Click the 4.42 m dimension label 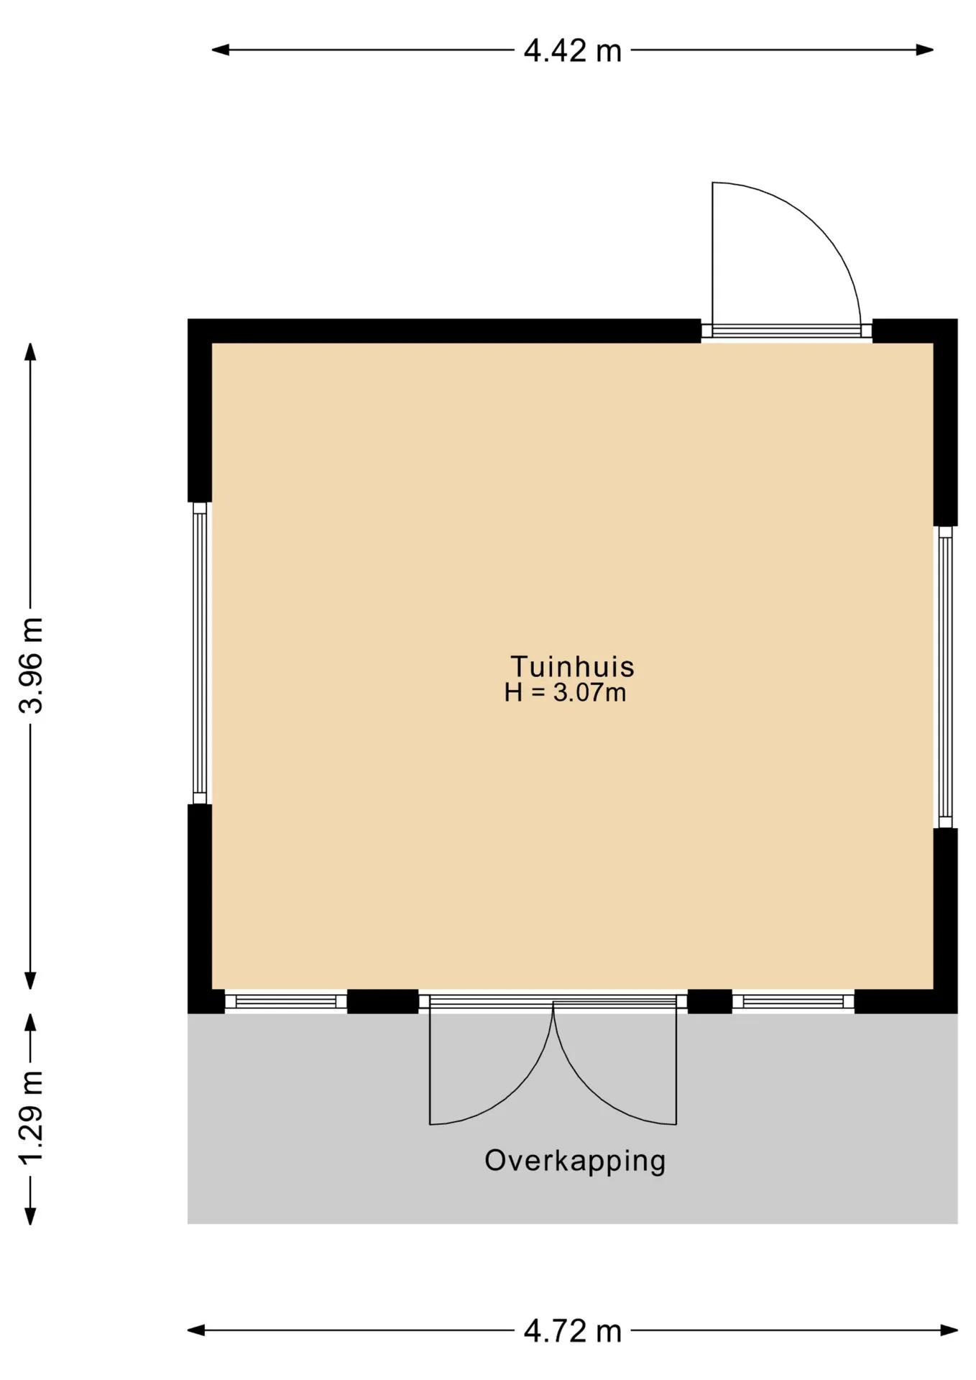coord(572,51)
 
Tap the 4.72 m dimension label coord(572,1332)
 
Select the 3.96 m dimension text coord(32,665)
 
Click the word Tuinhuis coord(572,666)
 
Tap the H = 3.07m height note coord(565,693)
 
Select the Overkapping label coord(575,1161)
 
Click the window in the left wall coord(200,653)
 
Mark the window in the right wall coord(945,677)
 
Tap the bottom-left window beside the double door coord(286,1002)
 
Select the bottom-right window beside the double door coord(793,1002)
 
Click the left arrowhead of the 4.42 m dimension coord(220,50)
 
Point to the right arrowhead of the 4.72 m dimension coord(949,1330)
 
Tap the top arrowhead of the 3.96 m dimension coord(30,352)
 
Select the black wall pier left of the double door coord(383,1001)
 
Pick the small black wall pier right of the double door coord(710,1001)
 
